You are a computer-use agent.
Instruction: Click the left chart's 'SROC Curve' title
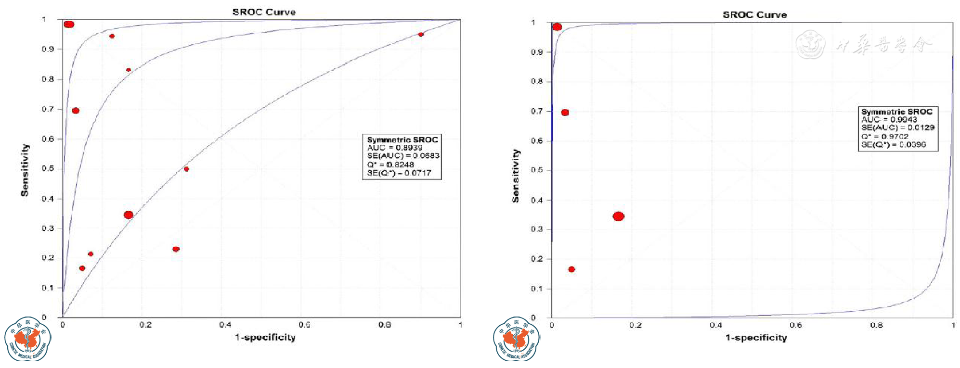(264, 12)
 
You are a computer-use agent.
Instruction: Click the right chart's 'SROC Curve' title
(754, 15)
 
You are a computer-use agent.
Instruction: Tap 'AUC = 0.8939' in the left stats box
(394, 148)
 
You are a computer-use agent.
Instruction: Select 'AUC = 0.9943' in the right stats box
(889, 119)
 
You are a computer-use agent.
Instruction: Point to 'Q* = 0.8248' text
(390, 165)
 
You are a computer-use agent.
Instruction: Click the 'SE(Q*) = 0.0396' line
(893, 144)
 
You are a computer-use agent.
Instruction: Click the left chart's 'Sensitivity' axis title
(25, 170)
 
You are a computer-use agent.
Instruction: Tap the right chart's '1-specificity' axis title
(756, 338)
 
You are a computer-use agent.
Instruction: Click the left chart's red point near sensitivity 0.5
(186, 169)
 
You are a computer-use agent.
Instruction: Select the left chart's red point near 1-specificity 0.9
(421, 35)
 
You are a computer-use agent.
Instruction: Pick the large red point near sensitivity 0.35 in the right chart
(619, 216)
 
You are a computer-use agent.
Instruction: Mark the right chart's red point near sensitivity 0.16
(571, 269)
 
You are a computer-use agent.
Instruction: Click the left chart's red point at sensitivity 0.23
(176, 249)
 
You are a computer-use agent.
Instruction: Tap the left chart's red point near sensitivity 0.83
(129, 70)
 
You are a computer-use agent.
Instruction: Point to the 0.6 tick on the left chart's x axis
(304, 325)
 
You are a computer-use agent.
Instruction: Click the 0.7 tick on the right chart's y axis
(537, 111)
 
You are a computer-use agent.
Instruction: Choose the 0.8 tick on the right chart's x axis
(876, 326)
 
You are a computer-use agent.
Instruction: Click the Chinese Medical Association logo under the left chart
(28, 339)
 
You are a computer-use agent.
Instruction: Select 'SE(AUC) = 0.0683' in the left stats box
(403, 156)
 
